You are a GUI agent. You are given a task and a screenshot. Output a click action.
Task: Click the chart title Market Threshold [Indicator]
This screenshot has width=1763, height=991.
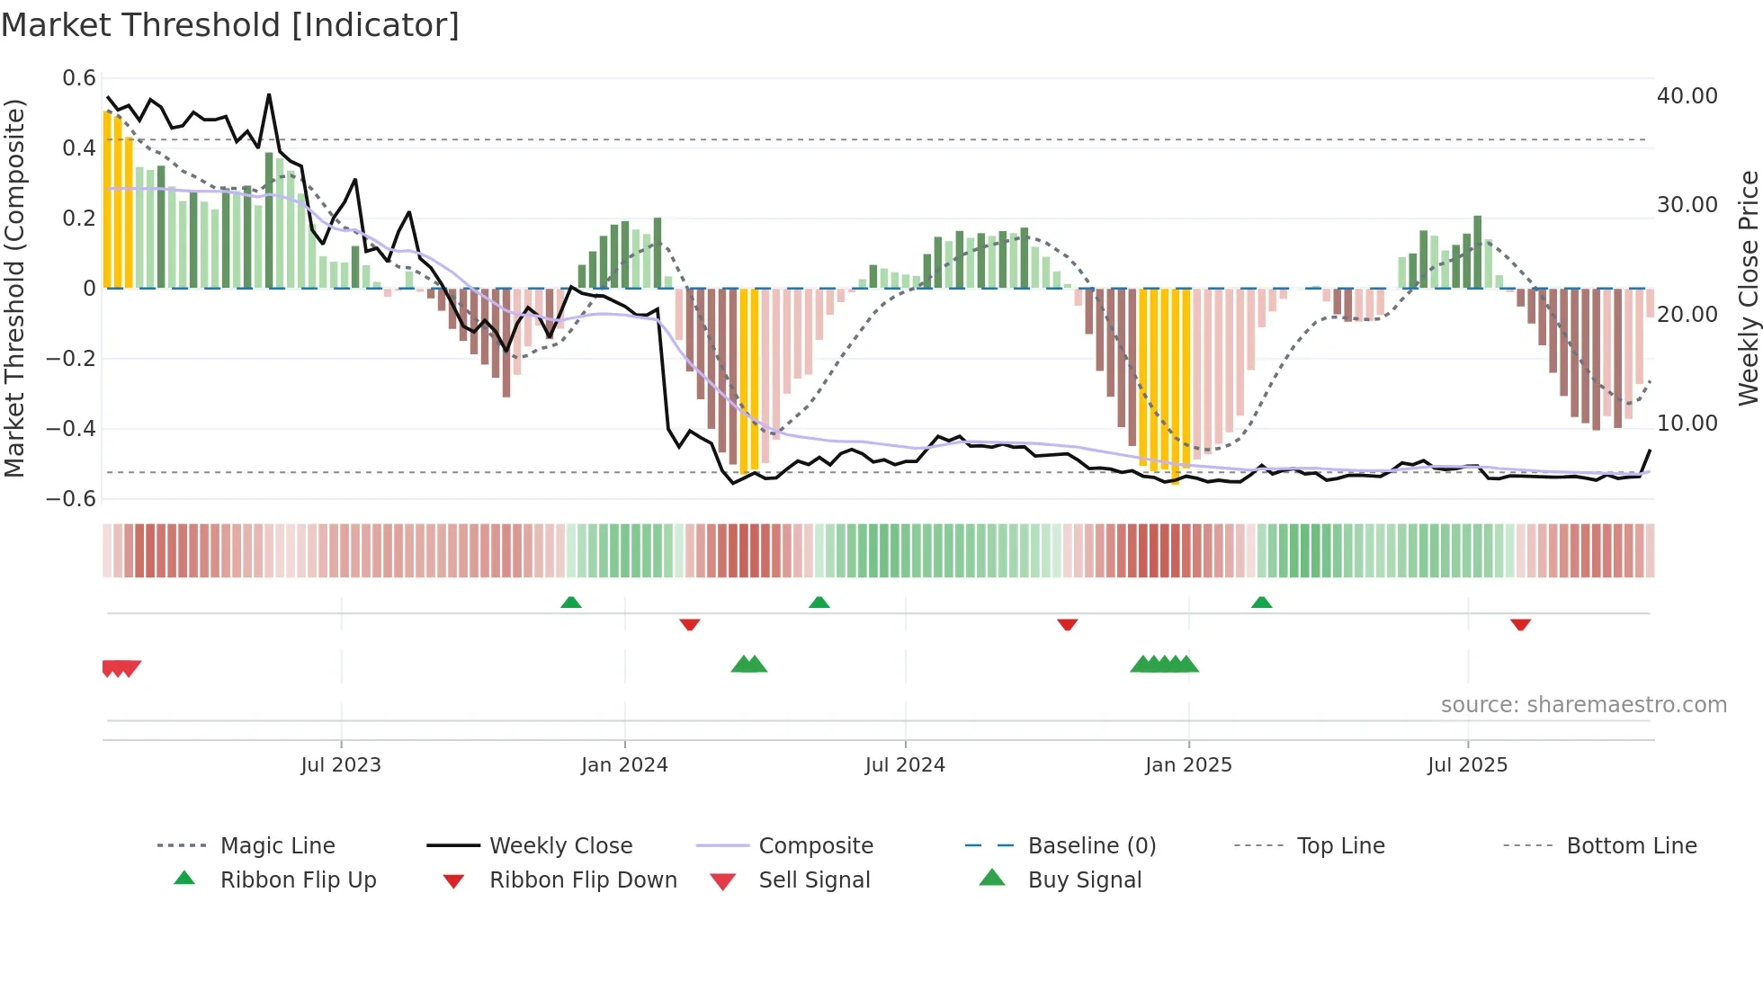tap(230, 25)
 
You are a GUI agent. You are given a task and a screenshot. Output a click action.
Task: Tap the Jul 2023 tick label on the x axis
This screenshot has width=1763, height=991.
tap(341, 765)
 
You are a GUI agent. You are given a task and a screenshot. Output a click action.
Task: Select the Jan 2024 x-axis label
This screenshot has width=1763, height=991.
tap(624, 765)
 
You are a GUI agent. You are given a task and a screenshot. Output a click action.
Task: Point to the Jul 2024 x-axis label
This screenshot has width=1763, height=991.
tap(905, 765)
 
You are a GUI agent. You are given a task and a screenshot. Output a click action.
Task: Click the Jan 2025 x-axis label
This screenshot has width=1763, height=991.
tap(1188, 765)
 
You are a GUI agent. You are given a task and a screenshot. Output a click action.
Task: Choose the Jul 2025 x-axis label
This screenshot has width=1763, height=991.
tap(1467, 765)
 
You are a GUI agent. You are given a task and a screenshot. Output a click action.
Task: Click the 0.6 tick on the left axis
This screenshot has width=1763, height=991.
tap(79, 78)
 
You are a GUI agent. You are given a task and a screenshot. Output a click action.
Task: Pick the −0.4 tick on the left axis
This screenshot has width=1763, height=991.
tap(71, 429)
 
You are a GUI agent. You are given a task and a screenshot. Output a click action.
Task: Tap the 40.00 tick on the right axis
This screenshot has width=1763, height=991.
tap(1687, 96)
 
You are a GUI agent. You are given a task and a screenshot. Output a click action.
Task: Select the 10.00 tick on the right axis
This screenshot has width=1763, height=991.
tap(1687, 424)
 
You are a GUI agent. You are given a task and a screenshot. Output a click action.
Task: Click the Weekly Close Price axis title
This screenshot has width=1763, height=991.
tap(1748, 288)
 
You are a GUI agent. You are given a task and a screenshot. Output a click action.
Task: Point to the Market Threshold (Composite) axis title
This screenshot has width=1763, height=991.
tap(14, 288)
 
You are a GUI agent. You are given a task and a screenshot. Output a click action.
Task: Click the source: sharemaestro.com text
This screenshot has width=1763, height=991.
tap(1583, 705)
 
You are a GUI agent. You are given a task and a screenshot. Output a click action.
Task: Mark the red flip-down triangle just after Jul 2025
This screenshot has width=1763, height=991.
tap(1520, 624)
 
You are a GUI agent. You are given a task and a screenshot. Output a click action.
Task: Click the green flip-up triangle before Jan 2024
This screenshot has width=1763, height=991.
tap(570, 603)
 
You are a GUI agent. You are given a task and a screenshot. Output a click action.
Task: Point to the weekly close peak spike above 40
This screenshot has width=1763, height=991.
tap(269, 95)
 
